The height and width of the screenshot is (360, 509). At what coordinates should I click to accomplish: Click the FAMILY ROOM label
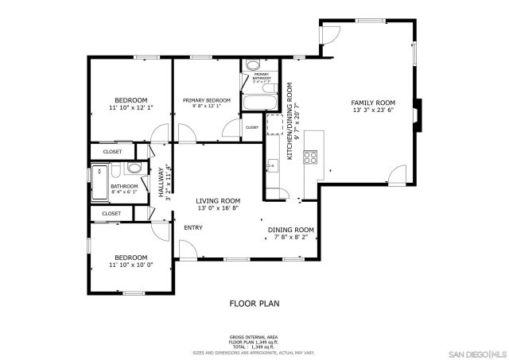click(x=373, y=103)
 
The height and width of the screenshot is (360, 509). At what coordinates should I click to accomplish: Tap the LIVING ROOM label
click(x=219, y=200)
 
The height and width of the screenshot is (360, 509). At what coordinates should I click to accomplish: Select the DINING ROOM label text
click(x=290, y=230)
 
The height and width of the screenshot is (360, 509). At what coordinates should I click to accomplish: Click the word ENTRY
click(x=193, y=228)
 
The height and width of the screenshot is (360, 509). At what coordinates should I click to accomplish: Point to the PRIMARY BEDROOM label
click(x=206, y=100)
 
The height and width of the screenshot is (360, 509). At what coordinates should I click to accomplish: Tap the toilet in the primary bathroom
click(x=252, y=67)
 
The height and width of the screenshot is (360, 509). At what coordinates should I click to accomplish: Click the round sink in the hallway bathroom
click(x=134, y=168)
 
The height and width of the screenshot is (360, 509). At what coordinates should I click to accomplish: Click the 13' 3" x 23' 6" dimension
click(x=373, y=110)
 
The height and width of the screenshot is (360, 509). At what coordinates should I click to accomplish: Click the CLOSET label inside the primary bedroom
click(x=251, y=127)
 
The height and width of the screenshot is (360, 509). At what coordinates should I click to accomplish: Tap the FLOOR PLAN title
click(x=254, y=303)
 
